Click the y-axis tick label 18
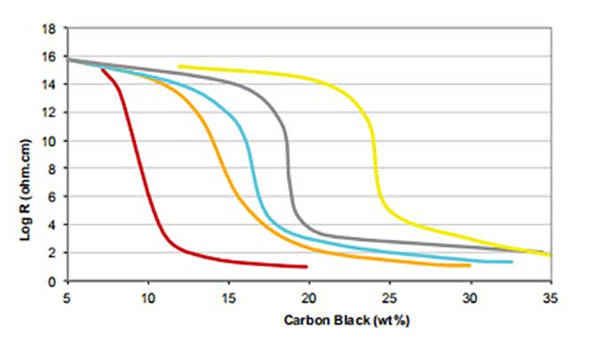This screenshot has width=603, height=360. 51,28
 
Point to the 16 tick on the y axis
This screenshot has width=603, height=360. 51,57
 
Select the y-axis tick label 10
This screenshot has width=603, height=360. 51,140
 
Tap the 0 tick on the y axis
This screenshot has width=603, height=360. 53,281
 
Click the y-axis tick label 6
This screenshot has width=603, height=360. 53,197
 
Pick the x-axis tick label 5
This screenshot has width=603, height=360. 67,297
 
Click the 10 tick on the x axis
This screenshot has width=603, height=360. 148,297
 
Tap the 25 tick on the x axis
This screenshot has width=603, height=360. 389,297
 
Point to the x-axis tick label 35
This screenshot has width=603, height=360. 550,297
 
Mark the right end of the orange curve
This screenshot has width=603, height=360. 469,265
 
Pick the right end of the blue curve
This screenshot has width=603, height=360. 512,262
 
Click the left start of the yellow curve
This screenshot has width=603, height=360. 179,66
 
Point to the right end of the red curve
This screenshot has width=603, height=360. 307,266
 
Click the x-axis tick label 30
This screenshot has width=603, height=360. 470,297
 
